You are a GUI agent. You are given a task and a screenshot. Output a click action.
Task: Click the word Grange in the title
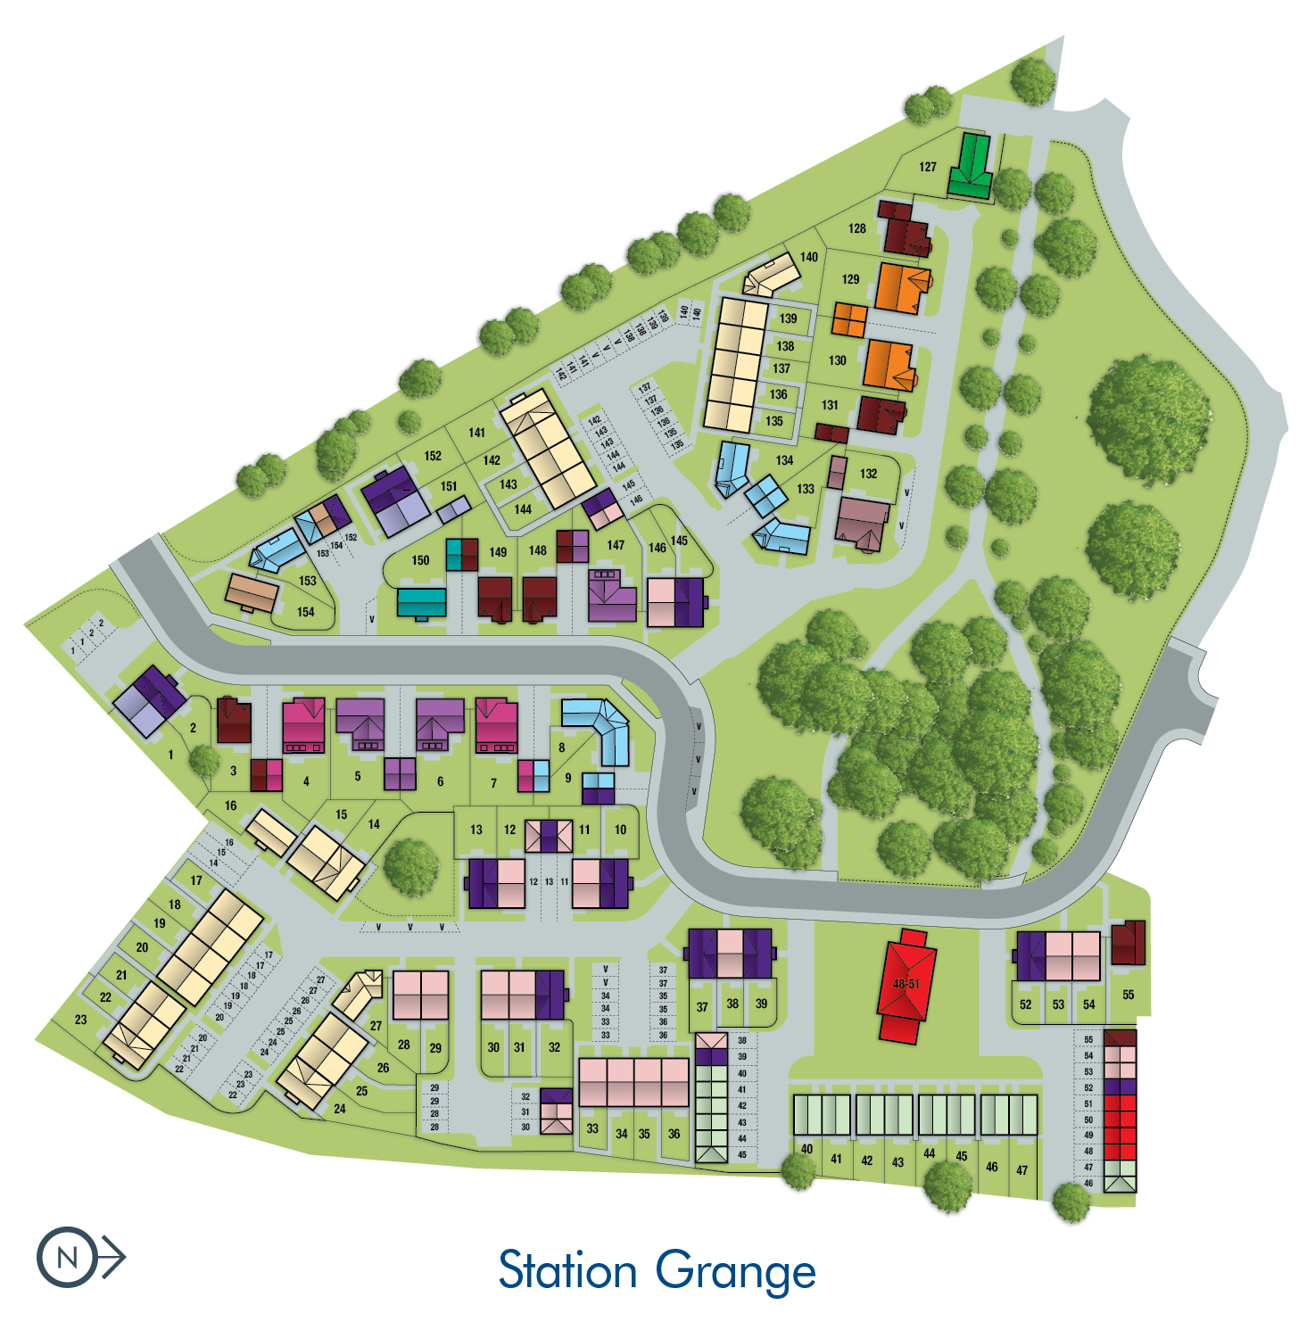click(736, 1272)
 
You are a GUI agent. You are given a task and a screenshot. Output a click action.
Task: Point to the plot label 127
click(928, 167)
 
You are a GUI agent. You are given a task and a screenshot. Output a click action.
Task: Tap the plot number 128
click(856, 228)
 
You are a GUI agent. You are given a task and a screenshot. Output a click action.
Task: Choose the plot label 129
click(850, 279)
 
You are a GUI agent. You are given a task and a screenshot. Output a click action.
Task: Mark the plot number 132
click(868, 474)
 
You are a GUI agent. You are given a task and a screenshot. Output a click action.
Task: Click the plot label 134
click(784, 460)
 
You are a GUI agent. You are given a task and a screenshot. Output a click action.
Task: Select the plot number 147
click(616, 545)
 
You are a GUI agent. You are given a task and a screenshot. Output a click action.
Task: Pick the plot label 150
click(420, 560)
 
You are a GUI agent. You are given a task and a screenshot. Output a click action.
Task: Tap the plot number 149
click(498, 552)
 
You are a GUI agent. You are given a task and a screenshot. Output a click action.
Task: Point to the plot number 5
click(358, 776)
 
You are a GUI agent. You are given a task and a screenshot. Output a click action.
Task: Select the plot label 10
click(620, 830)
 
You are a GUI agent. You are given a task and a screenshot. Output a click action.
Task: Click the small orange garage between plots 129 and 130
click(849, 319)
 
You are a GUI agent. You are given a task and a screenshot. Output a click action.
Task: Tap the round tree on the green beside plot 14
click(410, 864)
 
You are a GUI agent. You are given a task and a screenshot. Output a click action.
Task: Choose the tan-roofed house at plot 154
click(252, 592)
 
